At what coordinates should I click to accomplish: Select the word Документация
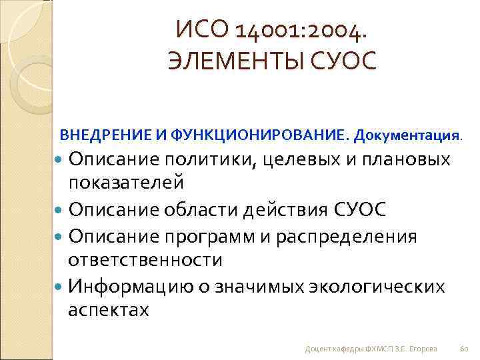407,136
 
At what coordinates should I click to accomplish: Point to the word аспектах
109,310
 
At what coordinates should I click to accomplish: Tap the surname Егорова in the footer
423,348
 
